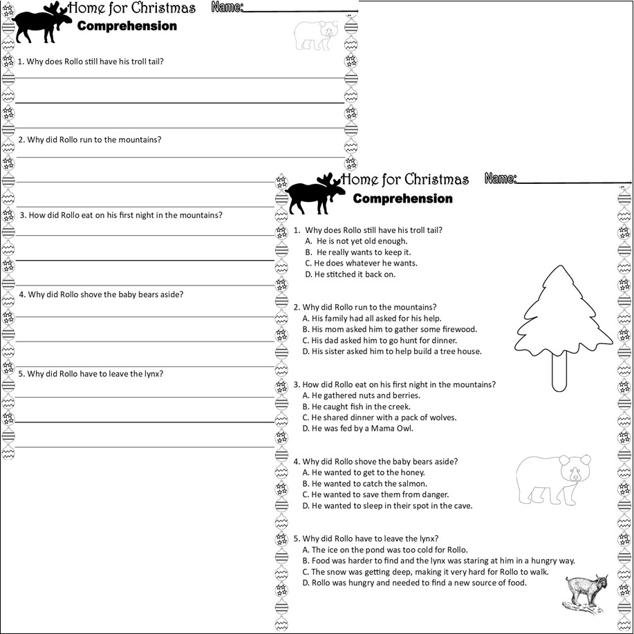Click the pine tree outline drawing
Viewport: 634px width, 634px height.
(564, 325)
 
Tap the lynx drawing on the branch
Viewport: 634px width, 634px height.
(586, 593)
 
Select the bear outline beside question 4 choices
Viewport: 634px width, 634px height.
(554, 479)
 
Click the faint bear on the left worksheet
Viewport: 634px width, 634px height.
(316, 35)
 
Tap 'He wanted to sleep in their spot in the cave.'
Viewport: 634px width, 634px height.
(387, 506)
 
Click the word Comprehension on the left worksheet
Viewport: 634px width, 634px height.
(127, 26)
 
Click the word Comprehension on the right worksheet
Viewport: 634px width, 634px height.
(402, 199)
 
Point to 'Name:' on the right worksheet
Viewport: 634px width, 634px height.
(501, 179)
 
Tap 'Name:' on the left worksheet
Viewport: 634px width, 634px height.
(227, 8)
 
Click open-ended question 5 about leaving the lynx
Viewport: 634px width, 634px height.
(91, 374)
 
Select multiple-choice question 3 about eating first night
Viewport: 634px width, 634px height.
(395, 384)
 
